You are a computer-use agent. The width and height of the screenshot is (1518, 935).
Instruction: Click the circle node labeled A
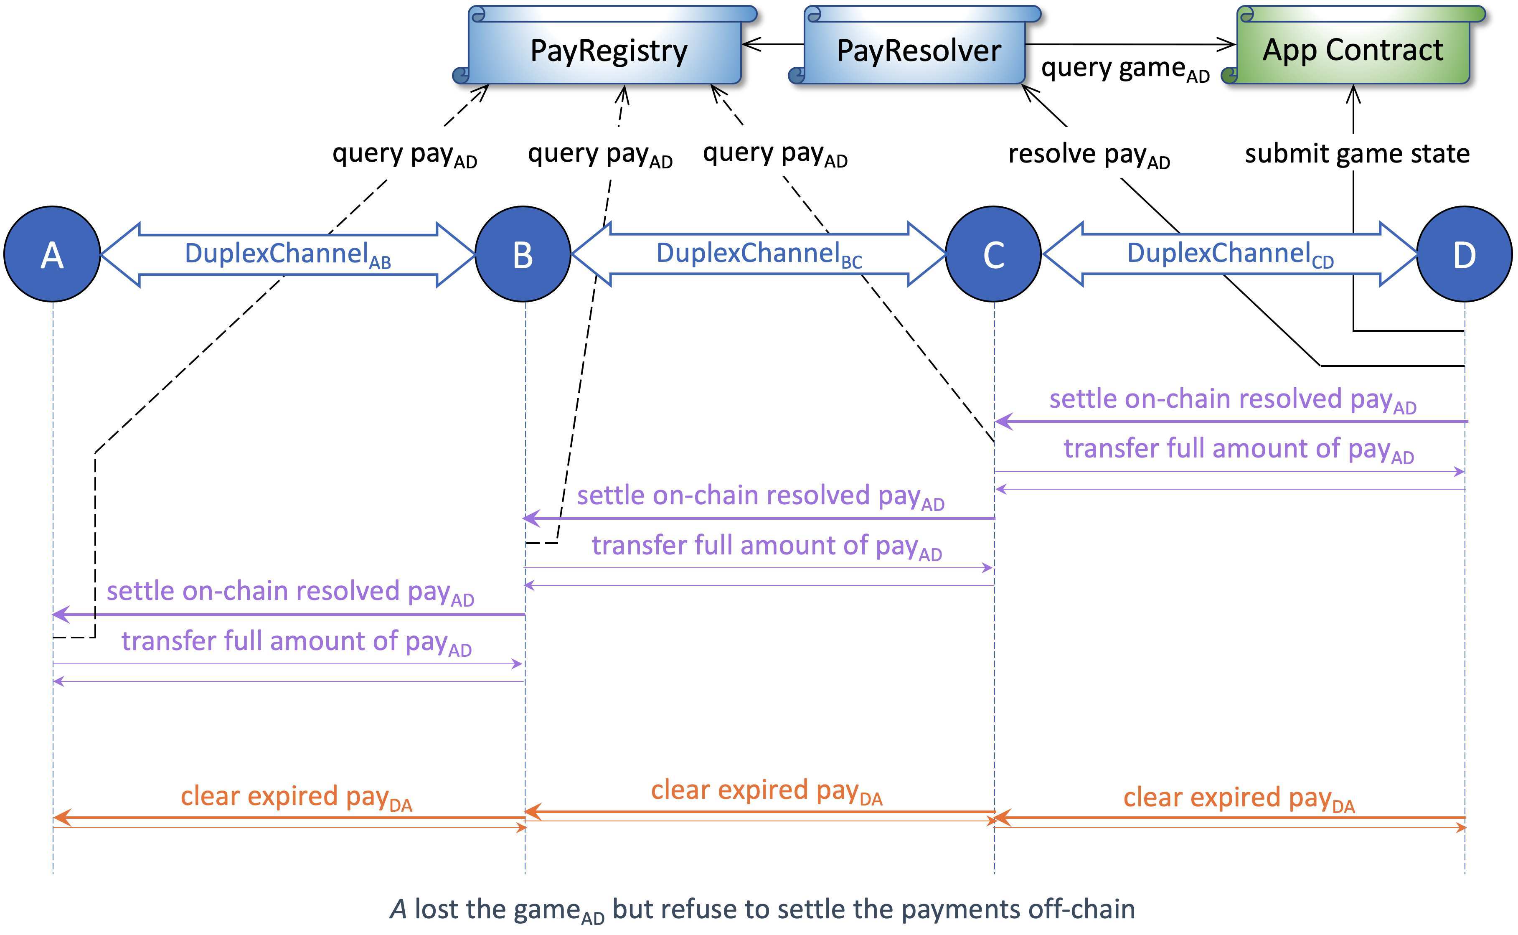coord(53,254)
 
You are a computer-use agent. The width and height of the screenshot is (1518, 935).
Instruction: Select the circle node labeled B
coord(523,254)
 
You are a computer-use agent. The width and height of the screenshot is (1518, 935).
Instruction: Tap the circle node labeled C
coord(994,254)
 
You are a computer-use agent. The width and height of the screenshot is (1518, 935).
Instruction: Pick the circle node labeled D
coord(1464,254)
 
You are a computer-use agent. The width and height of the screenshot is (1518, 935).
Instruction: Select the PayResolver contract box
coord(918,49)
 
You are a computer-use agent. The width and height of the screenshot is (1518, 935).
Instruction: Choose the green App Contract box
coord(1353,49)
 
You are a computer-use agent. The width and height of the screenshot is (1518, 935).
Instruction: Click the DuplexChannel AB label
coord(287,255)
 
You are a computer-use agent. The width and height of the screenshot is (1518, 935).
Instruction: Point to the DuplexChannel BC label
coord(759,255)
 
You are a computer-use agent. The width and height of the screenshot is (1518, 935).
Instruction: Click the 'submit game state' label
coord(1357,153)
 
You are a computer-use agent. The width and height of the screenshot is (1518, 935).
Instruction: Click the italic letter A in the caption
coord(398,910)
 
